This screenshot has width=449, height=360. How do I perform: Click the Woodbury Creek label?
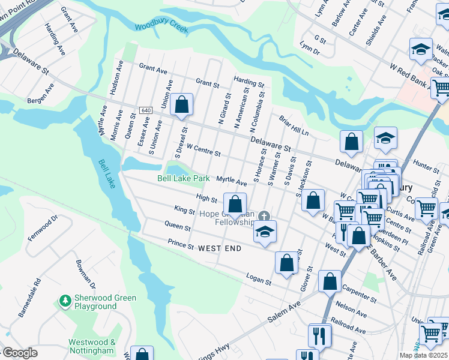pyautogui.click(x=161, y=28)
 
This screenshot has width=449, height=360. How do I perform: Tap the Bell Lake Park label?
pyautogui.click(x=184, y=178)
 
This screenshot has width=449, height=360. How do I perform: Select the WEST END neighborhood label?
pyautogui.click(x=220, y=248)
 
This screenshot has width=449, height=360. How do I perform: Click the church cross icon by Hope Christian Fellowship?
pyautogui.click(x=264, y=216)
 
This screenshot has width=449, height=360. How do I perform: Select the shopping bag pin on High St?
pyautogui.click(x=235, y=203)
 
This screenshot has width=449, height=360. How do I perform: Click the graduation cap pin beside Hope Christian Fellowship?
pyautogui.click(x=264, y=232)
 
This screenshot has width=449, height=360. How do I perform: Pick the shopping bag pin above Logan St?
pyautogui.click(x=287, y=262)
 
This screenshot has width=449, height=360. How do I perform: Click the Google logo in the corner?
pyautogui.click(x=19, y=353)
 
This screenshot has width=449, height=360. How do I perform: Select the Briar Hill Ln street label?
pyautogui.click(x=294, y=124)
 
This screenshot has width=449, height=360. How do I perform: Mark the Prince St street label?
pyautogui.click(x=181, y=245)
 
